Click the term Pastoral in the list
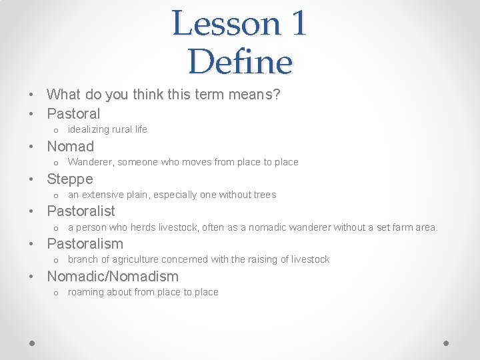tap(73, 114)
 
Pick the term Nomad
tap(70, 147)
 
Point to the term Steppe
tap(69, 179)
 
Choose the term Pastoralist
tap(81, 211)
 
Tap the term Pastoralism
tap(85, 244)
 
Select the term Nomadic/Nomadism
tap(113, 277)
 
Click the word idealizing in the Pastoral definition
tap(88, 129)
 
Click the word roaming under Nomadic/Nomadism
tap(85, 292)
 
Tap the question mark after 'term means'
tap(277, 95)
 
